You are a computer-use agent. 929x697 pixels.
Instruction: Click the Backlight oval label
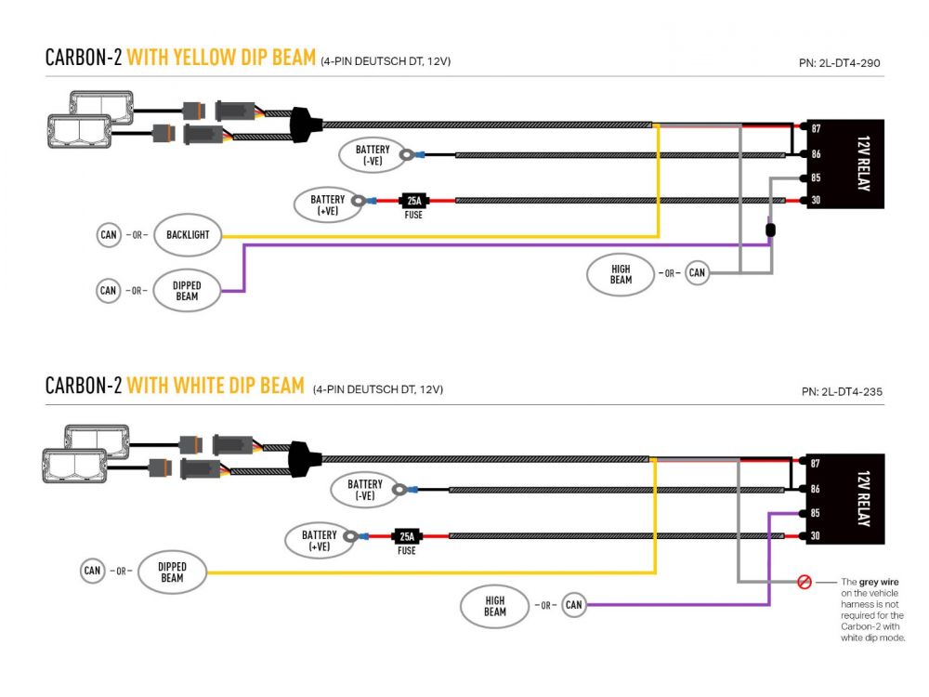(188, 235)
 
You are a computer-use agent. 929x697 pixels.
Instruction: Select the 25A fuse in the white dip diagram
(407, 536)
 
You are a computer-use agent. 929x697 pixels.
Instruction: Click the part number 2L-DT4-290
(839, 64)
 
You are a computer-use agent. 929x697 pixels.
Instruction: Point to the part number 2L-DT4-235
(839, 391)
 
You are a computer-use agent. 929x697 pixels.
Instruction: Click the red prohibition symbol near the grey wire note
(805, 583)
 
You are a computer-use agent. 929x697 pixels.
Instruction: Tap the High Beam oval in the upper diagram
(621, 274)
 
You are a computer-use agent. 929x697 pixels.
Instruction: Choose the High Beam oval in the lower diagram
(494, 607)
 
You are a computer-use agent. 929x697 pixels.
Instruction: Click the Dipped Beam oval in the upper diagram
(187, 291)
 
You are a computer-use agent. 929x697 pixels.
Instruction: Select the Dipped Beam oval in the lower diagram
(172, 572)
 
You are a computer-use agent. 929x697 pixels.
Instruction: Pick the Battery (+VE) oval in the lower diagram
(319, 541)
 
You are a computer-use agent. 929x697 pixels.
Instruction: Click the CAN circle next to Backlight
(109, 235)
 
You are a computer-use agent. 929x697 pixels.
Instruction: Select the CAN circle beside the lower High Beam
(573, 606)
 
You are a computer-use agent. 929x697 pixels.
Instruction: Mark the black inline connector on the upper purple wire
(770, 229)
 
